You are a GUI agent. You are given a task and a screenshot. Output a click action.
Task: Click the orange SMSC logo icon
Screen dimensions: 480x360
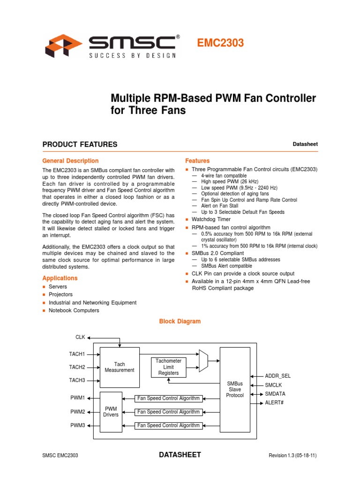coord(63,45)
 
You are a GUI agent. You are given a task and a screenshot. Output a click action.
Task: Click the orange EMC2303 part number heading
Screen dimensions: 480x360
coord(220,44)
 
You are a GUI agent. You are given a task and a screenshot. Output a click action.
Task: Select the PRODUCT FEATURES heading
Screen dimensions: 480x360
coord(80,144)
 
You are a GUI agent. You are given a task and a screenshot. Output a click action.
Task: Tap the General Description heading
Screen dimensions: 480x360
coord(70,161)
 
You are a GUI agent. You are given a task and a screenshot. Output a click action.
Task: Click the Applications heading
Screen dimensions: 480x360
coord(60,278)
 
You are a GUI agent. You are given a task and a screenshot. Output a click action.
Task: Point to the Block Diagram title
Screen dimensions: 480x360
coord(180,322)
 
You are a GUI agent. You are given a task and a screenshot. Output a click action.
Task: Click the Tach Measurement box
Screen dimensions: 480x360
coord(120,367)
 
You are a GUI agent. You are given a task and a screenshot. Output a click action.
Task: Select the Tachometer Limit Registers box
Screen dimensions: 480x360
coord(168,367)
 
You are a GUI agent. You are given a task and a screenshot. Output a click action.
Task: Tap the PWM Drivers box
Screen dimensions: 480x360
coord(111,412)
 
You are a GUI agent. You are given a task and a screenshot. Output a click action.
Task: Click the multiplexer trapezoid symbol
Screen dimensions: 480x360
coord(204,361)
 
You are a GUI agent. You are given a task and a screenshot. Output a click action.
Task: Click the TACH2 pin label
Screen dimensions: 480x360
coord(77,367)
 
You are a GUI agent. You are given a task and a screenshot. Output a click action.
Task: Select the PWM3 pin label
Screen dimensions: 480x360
coord(78,426)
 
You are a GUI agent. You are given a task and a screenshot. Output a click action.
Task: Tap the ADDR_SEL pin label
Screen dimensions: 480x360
coord(278,376)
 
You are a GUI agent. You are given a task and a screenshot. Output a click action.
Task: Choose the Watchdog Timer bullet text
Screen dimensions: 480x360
coord(211,219)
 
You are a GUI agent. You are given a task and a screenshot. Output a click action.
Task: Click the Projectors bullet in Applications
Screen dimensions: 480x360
coord(60,294)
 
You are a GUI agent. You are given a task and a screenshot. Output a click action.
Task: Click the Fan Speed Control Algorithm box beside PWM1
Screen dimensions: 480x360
coord(168,398)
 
